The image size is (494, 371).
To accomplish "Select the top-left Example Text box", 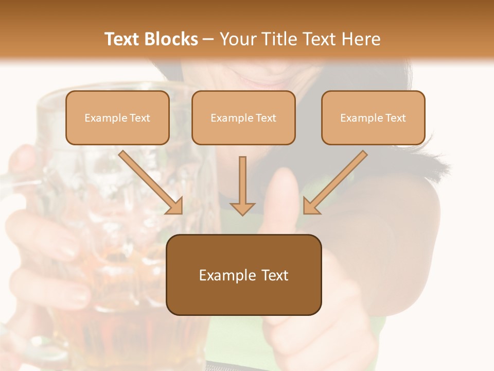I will click(x=117, y=117).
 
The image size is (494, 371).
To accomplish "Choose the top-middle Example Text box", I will click(x=243, y=117).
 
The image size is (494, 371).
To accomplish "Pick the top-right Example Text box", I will click(x=373, y=117).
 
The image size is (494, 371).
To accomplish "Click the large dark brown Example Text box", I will click(x=243, y=275).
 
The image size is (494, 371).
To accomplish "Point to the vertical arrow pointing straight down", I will click(x=242, y=185).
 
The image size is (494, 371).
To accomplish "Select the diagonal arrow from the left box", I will click(x=151, y=182).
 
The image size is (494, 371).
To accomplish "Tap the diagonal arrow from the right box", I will click(x=335, y=182).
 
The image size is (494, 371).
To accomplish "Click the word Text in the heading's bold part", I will click(x=123, y=39).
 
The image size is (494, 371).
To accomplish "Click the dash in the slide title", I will click(x=208, y=39).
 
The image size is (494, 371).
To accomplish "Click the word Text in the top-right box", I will click(x=396, y=117).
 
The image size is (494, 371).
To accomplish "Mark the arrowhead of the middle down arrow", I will click(x=242, y=208).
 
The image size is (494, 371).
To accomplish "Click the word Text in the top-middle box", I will click(x=266, y=117).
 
